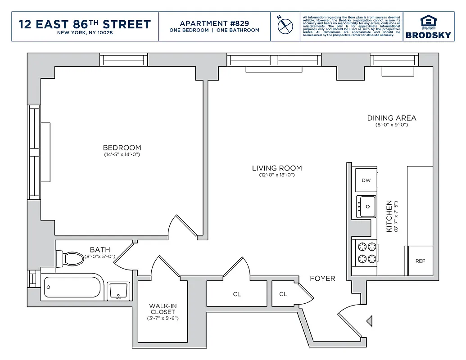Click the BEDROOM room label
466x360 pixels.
point(122,148)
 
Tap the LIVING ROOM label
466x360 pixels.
point(277,168)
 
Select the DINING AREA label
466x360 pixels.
point(392,118)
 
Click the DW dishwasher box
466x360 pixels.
point(366,180)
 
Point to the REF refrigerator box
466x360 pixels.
point(420,261)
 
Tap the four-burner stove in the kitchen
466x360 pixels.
point(366,252)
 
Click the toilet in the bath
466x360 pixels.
point(69,258)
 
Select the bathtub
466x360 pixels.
point(73,287)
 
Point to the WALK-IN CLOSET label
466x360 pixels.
point(163,309)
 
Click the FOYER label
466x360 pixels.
point(322,279)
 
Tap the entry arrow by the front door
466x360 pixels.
point(369,321)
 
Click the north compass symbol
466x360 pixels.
point(285,26)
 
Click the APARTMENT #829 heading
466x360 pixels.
point(214,23)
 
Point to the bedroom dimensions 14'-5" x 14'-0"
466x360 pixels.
point(122,155)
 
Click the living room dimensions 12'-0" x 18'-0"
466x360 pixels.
point(277,175)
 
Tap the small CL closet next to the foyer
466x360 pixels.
point(283,294)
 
